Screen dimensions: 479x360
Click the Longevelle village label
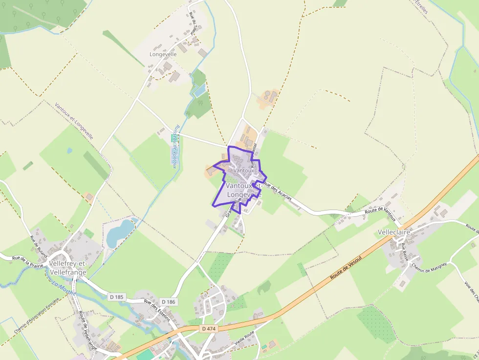pos(163,54)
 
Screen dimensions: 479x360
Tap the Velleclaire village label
pos(394,232)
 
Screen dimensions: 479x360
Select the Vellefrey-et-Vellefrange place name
pos(68,268)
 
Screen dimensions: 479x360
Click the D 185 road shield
pos(116,296)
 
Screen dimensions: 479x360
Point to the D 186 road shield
pos(168,302)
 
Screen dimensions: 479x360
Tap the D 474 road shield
pos(208,329)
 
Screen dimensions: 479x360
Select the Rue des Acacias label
pos(277,191)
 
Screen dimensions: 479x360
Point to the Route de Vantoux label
pos(380,211)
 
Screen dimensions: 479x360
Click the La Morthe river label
pos(61,284)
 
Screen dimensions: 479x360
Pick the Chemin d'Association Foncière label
pos(37,316)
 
